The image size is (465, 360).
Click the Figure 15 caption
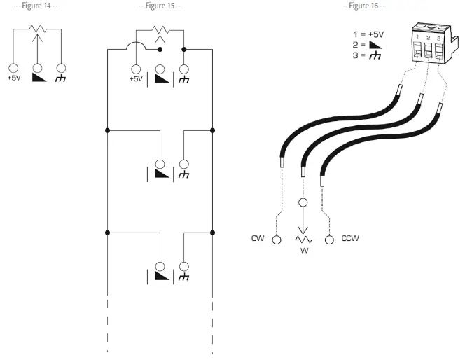pos(160,6)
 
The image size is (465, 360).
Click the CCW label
pos(349,239)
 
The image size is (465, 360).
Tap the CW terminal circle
pos(277,240)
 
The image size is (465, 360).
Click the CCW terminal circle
pos(330,240)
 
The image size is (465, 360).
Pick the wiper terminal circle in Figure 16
pos(303,204)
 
